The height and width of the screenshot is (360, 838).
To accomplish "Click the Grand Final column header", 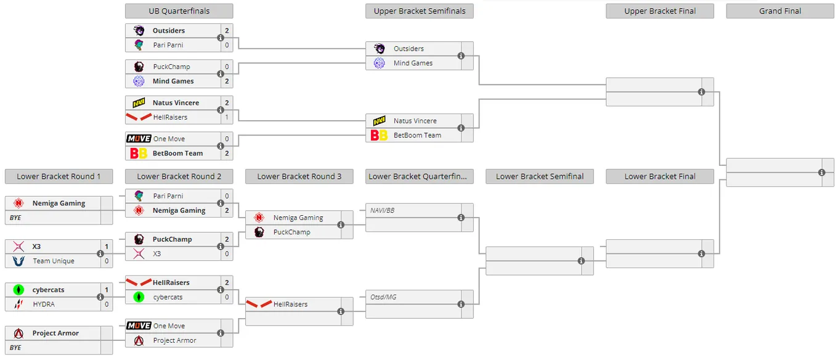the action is (x=780, y=11).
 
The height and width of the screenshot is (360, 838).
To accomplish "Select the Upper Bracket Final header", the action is (x=660, y=11).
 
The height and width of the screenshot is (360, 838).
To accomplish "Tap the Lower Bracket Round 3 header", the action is (x=299, y=177).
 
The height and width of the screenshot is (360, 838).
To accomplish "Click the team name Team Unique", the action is (x=54, y=261).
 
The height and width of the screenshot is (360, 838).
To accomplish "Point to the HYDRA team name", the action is (x=44, y=305).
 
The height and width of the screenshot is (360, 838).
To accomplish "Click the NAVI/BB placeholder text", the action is (x=382, y=210).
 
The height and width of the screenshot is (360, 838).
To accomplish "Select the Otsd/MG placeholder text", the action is (x=383, y=297).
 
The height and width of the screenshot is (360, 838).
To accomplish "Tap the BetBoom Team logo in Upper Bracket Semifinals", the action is (x=379, y=135).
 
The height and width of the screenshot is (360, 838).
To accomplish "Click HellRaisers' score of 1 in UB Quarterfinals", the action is (x=227, y=117).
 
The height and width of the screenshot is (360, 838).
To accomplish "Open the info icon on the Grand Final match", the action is (x=821, y=173).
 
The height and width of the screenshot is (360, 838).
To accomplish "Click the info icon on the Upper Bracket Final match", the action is (x=701, y=92).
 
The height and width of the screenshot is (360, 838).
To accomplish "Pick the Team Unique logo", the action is (x=18, y=261).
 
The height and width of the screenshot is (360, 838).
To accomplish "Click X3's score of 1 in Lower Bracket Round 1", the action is (x=107, y=247).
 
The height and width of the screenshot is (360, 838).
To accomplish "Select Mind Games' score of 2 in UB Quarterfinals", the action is (x=227, y=81).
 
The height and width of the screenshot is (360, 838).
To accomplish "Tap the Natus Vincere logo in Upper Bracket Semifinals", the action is (x=379, y=121).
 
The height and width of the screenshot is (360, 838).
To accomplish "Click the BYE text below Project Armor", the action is (x=15, y=348).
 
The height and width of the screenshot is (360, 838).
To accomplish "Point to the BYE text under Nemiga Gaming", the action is (x=15, y=218).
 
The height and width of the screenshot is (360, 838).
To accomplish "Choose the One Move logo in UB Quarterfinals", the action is (x=139, y=139).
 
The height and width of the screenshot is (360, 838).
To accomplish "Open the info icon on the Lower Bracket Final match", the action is (x=701, y=254).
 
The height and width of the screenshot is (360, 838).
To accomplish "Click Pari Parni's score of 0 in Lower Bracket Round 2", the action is (x=227, y=196).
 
